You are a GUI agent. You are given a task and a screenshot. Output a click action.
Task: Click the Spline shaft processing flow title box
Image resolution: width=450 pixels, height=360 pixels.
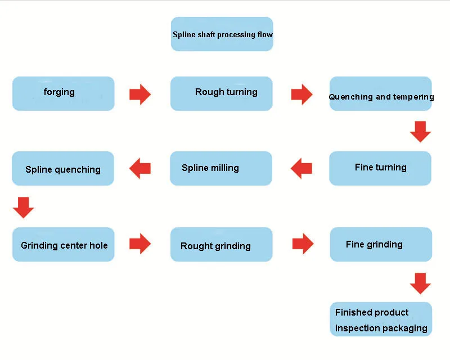[x=222, y=34]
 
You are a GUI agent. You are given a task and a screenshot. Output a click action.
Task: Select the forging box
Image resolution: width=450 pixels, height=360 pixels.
[x=63, y=93]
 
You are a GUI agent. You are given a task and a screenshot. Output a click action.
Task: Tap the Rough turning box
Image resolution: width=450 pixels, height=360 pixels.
[x=222, y=93]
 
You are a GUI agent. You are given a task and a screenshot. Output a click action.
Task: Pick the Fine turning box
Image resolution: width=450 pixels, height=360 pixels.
[x=380, y=168]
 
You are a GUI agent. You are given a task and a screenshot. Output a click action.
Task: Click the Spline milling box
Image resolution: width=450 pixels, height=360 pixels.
[x=221, y=168]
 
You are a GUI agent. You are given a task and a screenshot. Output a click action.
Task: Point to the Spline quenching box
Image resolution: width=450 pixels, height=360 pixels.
[x=63, y=168]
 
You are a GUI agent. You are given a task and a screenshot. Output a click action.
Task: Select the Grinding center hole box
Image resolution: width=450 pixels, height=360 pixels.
[x=63, y=244]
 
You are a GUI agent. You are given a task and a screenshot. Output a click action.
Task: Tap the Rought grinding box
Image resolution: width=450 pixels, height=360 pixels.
[x=221, y=244]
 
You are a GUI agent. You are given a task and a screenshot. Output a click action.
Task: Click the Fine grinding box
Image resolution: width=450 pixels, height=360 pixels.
[x=381, y=244]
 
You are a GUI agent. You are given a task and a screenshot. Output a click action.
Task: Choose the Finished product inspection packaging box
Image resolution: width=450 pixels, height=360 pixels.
[x=381, y=319]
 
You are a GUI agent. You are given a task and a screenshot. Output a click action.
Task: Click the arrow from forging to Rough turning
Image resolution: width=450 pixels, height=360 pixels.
[x=140, y=94]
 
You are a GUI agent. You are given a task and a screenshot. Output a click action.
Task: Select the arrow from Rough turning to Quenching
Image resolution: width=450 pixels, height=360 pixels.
[x=301, y=94]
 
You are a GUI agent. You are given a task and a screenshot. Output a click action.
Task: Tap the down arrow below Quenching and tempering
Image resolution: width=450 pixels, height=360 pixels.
[x=420, y=131]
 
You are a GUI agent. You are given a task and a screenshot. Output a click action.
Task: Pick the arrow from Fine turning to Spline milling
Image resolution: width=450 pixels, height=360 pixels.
[x=301, y=168]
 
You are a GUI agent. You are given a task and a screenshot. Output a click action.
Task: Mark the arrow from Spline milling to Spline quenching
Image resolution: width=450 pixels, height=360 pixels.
[x=140, y=168]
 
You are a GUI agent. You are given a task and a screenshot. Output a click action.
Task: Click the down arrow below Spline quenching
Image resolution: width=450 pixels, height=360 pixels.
[x=23, y=207]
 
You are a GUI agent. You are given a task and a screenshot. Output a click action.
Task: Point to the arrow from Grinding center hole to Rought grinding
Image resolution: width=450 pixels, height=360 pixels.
[x=140, y=244]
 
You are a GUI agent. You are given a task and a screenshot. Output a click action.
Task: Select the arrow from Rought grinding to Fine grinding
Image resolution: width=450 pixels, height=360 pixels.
[x=303, y=244]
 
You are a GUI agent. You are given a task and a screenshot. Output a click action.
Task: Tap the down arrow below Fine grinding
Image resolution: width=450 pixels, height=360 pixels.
[x=420, y=283]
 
